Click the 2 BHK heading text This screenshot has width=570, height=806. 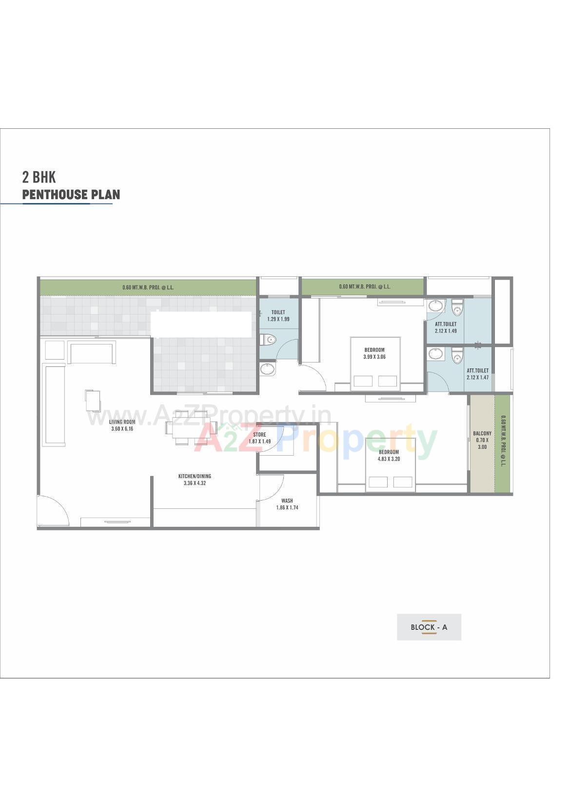coord(39,177)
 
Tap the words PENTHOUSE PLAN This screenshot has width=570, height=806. coord(71,195)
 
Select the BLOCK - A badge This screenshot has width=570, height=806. coord(429,627)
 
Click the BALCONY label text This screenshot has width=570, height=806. coord(482,433)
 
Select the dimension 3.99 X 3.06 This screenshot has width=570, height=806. coord(374,357)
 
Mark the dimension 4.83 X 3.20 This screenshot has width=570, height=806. coord(389,459)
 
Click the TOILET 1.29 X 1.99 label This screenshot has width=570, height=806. coord(278,316)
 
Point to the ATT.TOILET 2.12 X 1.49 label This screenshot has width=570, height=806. coord(446,327)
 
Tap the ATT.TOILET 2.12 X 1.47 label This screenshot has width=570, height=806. coord(477,374)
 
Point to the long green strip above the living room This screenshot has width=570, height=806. coord(148,287)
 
